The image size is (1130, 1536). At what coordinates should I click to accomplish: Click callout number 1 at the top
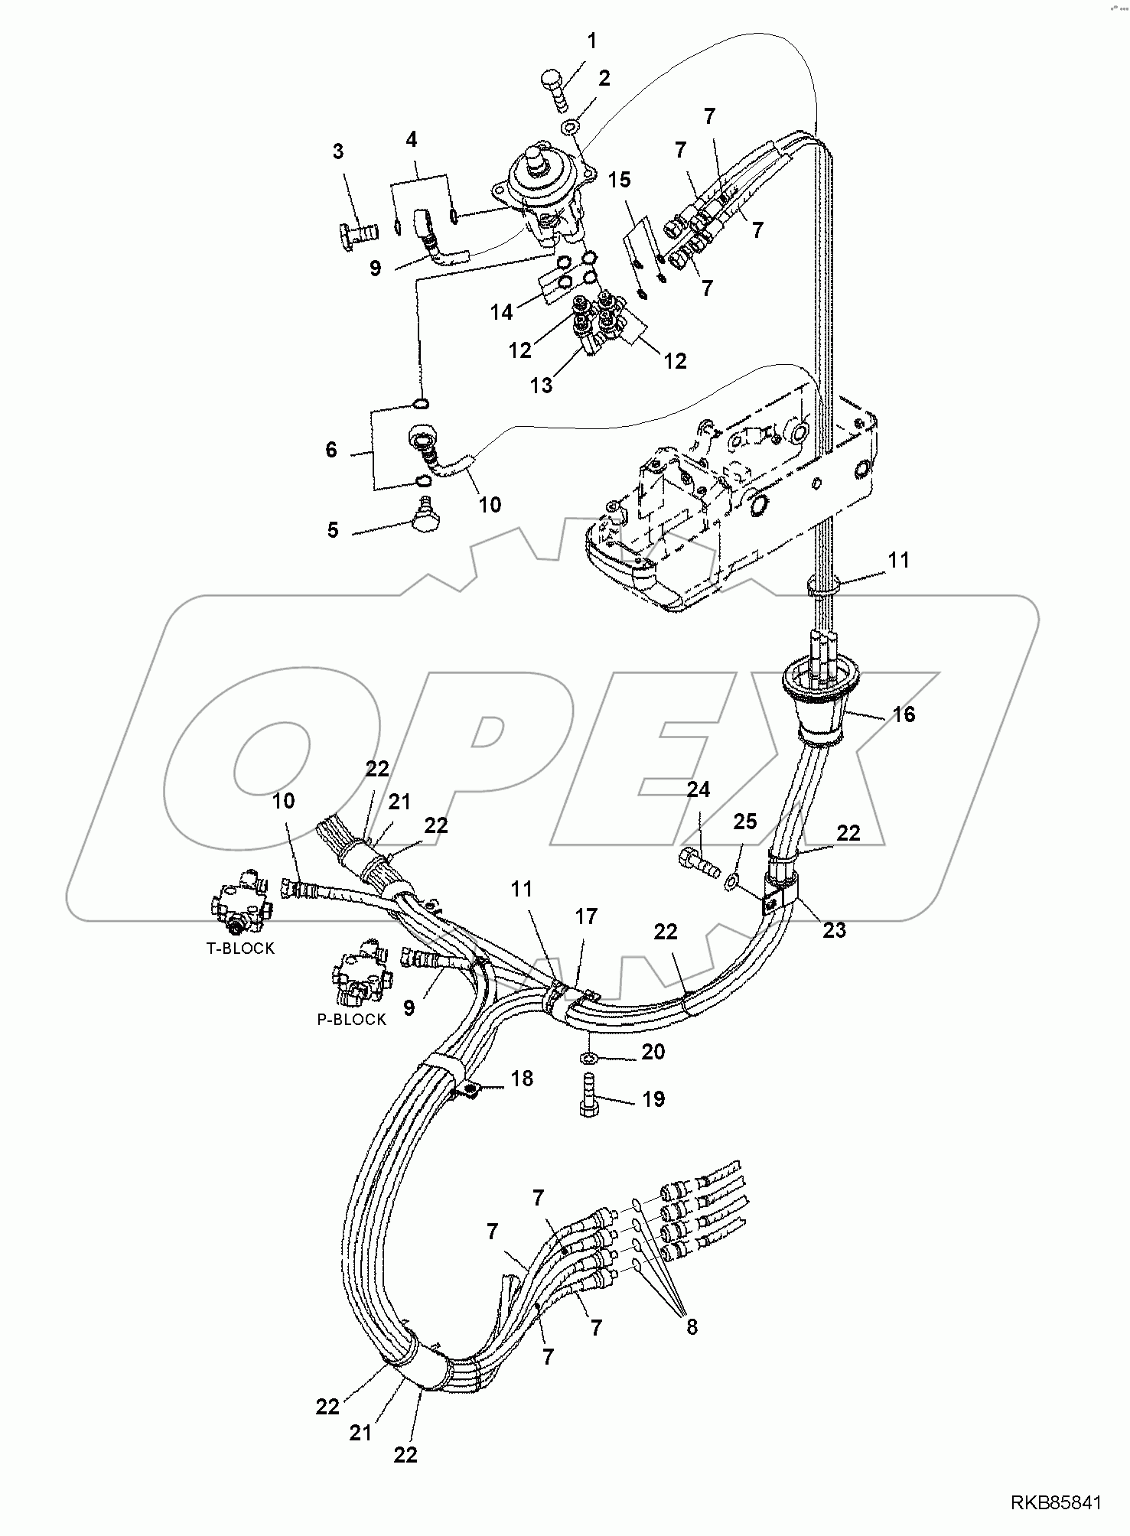click(591, 41)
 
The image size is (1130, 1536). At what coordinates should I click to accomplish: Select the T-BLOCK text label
click(240, 948)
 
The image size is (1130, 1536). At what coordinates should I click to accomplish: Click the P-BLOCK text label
click(352, 1020)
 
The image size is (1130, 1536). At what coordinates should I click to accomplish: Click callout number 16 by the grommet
click(904, 714)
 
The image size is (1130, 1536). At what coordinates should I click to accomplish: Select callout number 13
click(541, 385)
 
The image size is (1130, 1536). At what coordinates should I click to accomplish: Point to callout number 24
click(698, 790)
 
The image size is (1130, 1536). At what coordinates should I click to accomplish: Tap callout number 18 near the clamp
click(522, 1079)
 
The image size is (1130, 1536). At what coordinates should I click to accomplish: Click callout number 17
click(586, 916)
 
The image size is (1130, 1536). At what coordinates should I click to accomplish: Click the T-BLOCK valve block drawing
click(239, 903)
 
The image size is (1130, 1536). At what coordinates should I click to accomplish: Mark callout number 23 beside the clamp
click(835, 929)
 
